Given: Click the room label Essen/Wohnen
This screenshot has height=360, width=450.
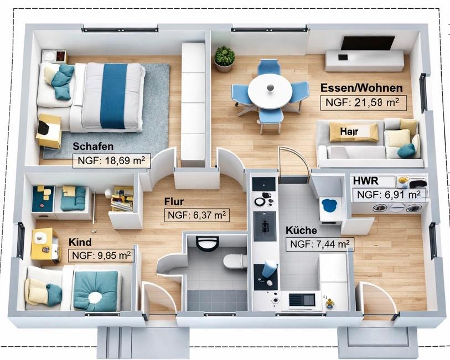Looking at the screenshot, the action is [362, 88].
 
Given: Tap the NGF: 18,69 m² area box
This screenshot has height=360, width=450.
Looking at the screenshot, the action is [111, 161].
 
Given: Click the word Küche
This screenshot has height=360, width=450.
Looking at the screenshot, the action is [301, 231].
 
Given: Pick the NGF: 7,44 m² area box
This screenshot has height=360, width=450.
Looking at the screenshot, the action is [319, 244].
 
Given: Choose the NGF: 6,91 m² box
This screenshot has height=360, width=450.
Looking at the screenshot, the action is [389, 194].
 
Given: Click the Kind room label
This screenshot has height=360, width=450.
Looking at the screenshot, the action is [80, 242].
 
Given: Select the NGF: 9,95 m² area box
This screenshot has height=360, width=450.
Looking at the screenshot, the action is [101, 255].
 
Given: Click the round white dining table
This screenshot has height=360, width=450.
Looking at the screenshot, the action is [270, 91].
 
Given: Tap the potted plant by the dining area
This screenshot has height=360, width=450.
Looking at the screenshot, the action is [224, 58].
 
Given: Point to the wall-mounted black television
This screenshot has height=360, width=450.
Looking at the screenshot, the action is [368, 43].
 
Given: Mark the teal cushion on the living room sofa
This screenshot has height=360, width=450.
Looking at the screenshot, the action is [407, 150].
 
